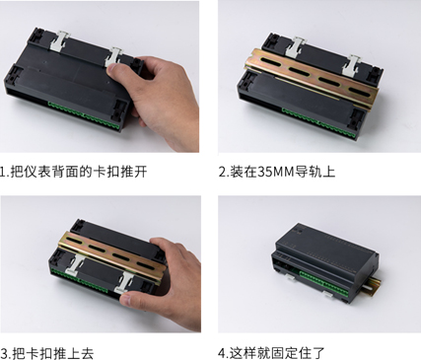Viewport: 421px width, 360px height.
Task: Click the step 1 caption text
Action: click(x=73, y=172)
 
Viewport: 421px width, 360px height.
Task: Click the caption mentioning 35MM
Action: click(x=277, y=172)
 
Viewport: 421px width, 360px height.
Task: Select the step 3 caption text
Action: click(x=47, y=353)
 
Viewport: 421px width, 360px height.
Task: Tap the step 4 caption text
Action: click(x=271, y=353)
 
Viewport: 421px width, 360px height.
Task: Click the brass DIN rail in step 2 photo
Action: click(x=311, y=76)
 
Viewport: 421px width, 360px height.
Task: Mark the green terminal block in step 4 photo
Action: click(x=323, y=284)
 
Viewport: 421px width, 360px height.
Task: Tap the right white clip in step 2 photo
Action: click(x=351, y=66)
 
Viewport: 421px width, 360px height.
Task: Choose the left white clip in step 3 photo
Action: click(x=75, y=265)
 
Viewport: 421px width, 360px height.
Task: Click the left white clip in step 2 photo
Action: click(x=295, y=47)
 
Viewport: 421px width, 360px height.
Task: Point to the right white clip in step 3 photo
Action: click(x=125, y=283)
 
